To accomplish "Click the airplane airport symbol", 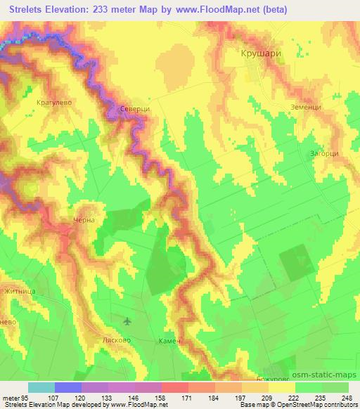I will click(127, 321).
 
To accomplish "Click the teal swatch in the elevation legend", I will click(41, 387).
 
